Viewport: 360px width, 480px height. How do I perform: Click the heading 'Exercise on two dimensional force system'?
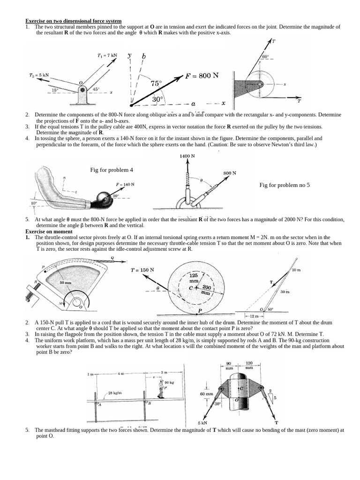click(74, 21)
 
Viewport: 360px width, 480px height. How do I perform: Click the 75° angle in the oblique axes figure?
click(156, 83)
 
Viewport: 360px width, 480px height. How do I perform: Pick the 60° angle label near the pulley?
click(266, 57)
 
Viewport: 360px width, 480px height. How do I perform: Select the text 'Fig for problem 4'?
click(111, 170)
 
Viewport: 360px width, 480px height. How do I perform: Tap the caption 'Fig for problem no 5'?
click(285, 185)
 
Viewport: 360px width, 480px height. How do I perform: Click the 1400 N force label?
click(187, 156)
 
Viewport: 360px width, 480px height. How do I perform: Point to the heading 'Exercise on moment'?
click(45, 232)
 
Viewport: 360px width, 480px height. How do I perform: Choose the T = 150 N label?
click(142, 270)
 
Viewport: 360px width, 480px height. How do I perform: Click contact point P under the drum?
click(200, 310)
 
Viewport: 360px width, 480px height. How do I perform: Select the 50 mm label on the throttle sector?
click(65, 283)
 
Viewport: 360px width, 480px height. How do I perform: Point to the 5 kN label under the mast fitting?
click(202, 423)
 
